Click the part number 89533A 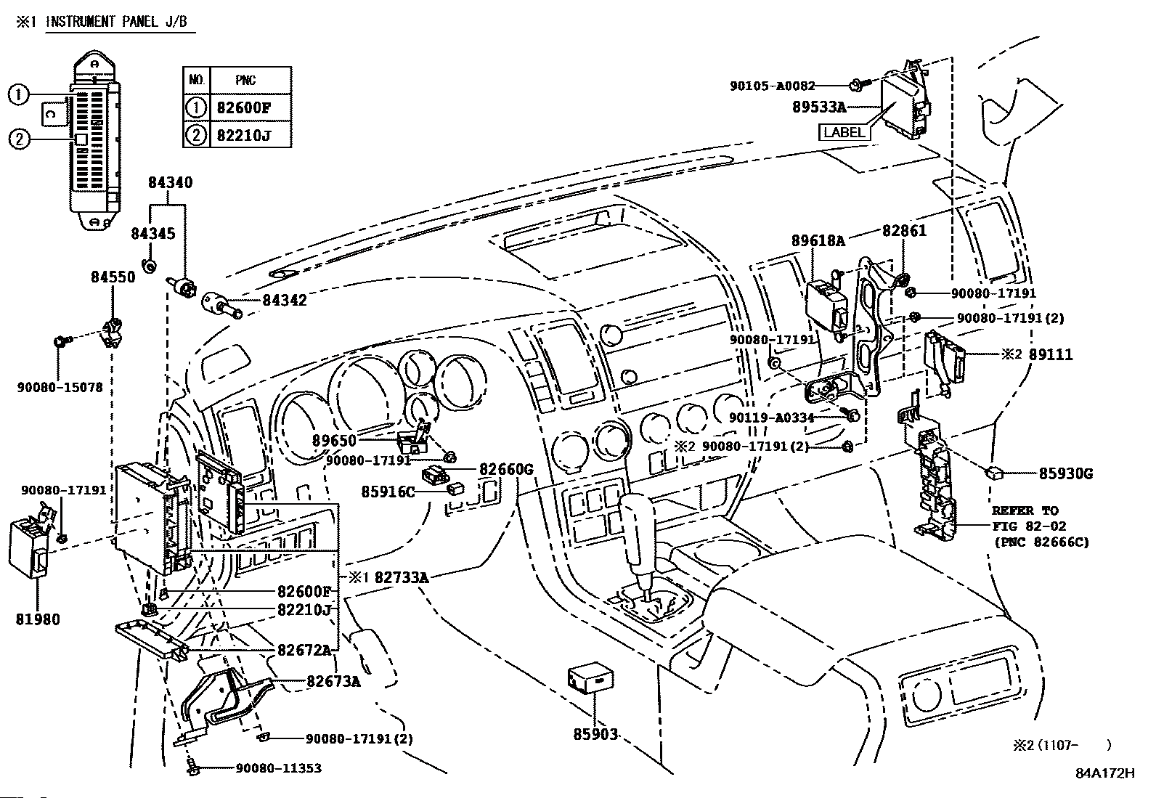[818, 107]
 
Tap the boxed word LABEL [844, 132]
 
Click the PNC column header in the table [245, 79]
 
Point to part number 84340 [171, 183]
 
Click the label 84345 [152, 234]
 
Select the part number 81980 [37, 619]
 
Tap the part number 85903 [595, 734]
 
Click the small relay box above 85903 [590, 677]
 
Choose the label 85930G [1065, 473]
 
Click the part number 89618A [818, 240]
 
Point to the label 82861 [904, 230]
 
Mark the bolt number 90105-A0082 [772, 86]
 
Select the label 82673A [333, 681]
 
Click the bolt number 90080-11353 [279, 768]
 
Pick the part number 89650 [335, 440]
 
